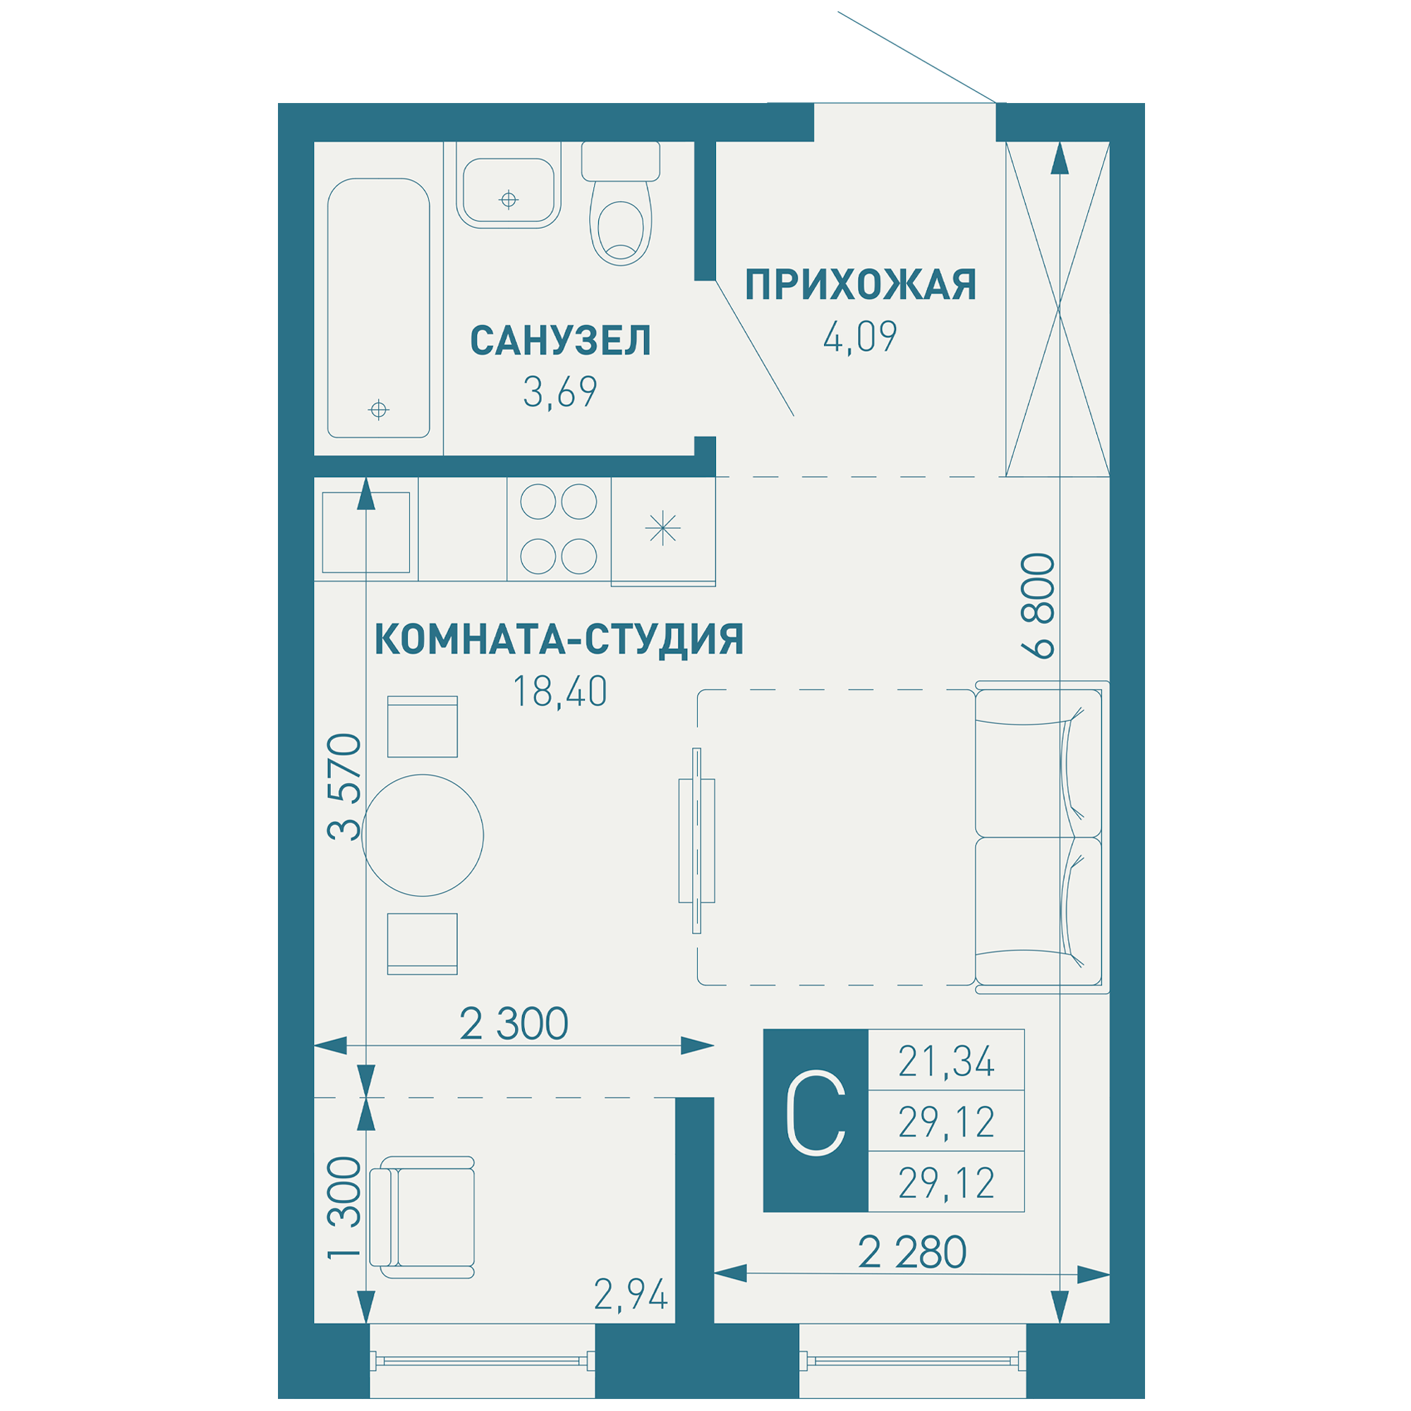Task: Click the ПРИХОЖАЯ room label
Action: click(x=859, y=286)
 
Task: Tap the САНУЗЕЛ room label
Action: click(x=560, y=341)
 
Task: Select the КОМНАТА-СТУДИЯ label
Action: click(x=559, y=639)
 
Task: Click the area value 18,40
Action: click(x=559, y=691)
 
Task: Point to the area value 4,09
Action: click(x=859, y=337)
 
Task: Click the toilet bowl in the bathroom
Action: click(x=620, y=230)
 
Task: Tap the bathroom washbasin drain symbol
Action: click(x=508, y=200)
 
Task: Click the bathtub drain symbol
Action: click(x=378, y=410)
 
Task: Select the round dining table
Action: click(x=422, y=835)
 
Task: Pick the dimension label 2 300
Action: click(x=514, y=1024)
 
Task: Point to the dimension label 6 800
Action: click(x=1038, y=606)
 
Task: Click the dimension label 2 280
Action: click(x=912, y=1252)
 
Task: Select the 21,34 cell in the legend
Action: click(x=946, y=1062)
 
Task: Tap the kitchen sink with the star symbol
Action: click(x=662, y=528)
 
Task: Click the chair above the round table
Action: click(x=422, y=726)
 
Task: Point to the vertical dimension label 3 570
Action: click(x=344, y=787)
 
